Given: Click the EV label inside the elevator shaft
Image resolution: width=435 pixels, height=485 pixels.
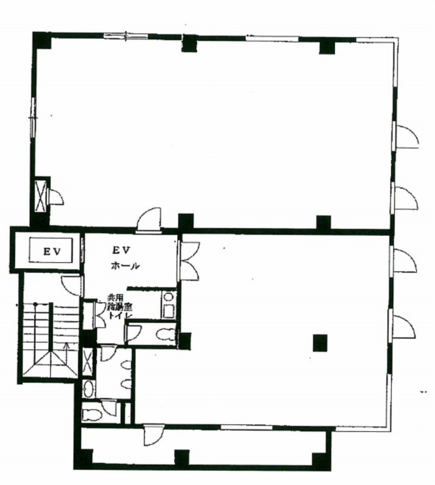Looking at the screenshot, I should [53, 251].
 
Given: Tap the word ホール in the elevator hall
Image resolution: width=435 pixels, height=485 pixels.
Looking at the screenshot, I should [126, 266].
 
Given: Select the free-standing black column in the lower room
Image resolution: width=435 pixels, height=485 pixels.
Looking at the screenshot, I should [320, 343].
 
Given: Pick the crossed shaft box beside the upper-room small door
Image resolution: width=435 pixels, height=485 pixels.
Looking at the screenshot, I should [41, 196].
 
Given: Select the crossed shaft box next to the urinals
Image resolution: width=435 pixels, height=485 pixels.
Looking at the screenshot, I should [87, 363].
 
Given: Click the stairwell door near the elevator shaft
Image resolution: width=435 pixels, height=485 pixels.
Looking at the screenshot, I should [72, 285].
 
